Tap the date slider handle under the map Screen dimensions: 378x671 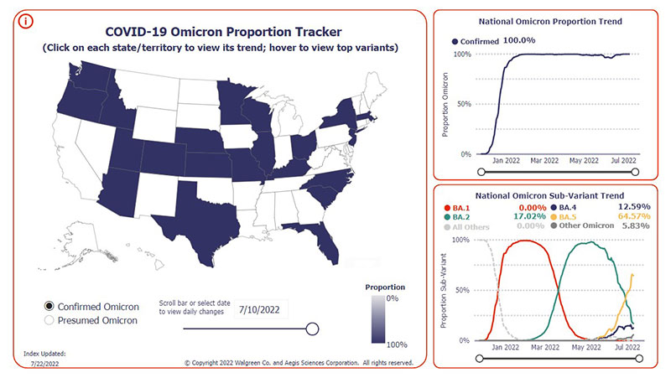(x=312, y=329)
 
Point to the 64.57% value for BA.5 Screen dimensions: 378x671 (x=632, y=217)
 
